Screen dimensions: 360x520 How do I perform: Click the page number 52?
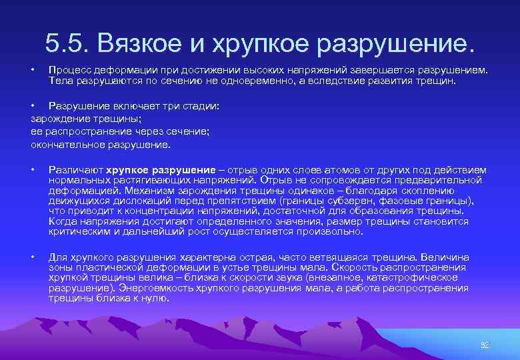[x=485, y=345]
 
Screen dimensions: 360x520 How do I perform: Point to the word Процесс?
[x=68, y=70]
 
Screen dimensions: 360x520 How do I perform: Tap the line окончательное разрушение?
[x=101, y=144]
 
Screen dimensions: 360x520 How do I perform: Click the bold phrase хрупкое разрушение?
[x=165, y=170]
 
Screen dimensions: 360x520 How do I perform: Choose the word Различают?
[x=75, y=170]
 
